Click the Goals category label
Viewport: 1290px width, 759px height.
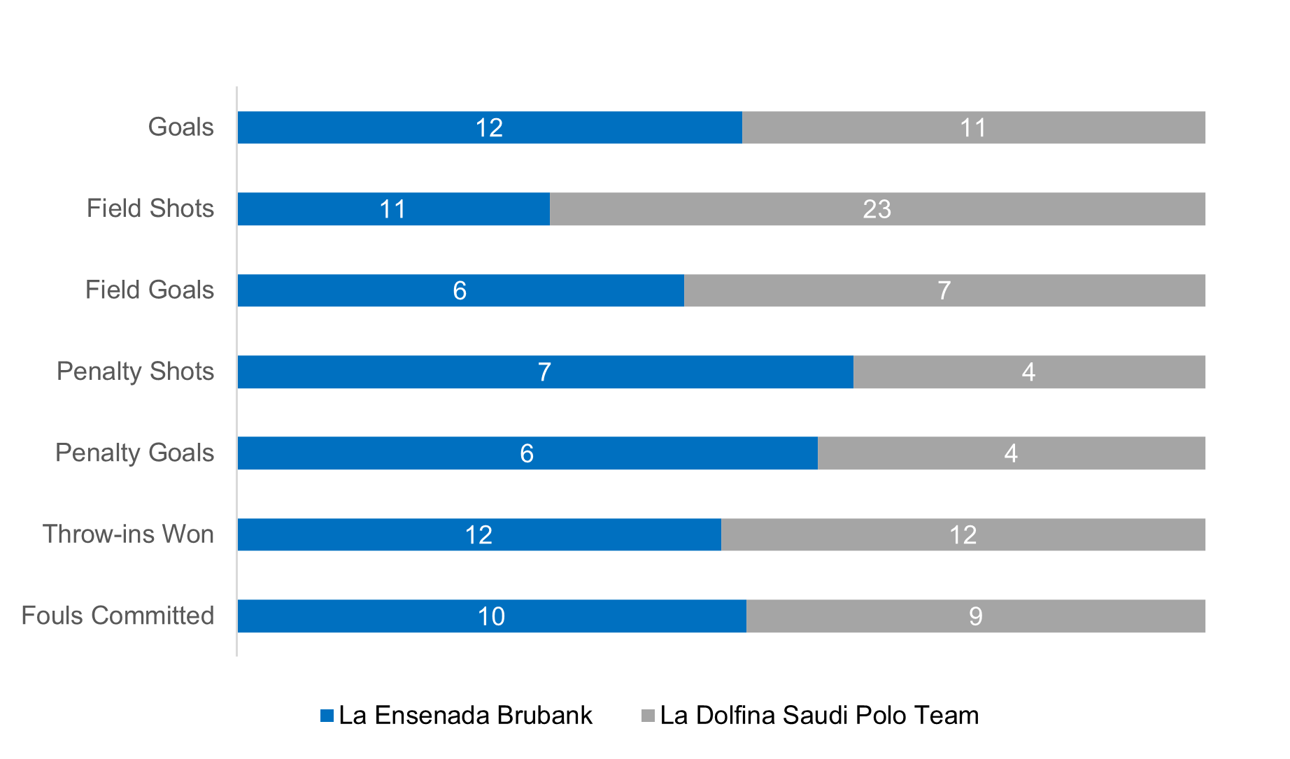click(x=180, y=127)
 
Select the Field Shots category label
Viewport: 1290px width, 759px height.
click(x=150, y=208)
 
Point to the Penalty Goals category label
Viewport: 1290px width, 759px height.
click(x=134, y=453)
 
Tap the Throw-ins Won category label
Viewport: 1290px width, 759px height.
click(x=128, y=534)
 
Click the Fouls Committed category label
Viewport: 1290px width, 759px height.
click(x=118, y=616)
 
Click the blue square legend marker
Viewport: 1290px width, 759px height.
click(x=327, y=716)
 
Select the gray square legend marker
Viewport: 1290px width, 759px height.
click(x=648, y=716)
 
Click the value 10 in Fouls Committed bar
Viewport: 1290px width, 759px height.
click(x=491, y=616)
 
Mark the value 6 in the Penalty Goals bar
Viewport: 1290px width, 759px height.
click(x=527, y=453)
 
